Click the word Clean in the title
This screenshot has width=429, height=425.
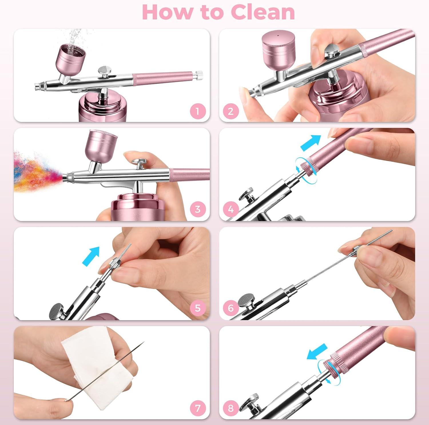coord(263,12)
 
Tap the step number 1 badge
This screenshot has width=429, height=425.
coord(198,111)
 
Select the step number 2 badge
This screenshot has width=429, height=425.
coord(231,111)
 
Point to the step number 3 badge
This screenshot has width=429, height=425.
coord(198,209)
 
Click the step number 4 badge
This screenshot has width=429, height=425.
coord(231,209)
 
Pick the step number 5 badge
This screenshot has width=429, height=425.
coord(198,308)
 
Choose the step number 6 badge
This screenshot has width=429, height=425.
coord(231,308)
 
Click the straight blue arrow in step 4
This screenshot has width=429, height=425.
coord(311,143)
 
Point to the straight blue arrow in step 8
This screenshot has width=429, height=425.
coord(317,351)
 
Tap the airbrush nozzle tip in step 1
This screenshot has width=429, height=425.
coord(37,86)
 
